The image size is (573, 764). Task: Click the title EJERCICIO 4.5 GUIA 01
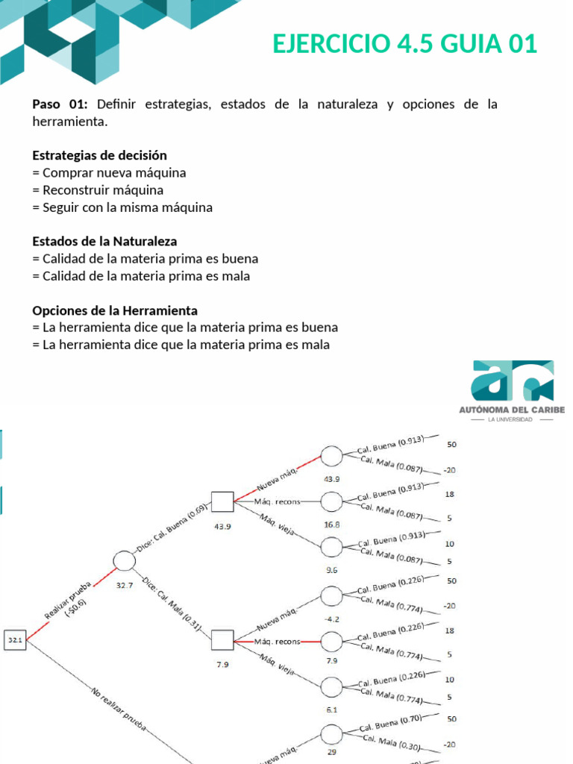pyautogui.click(x=404, y=44)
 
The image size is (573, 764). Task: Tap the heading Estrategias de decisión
pyautogui.click(x=99, y=155)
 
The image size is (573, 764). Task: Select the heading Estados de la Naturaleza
pyautogui.click(x=104, y=241)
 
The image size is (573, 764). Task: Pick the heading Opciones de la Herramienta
pyautogui.click(x=115, y=310)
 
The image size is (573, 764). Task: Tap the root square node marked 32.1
pyautogui.click(x=16, y=639)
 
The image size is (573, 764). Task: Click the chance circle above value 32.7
pyautogui.click(x=125, y=561)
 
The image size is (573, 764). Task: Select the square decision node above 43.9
pyautogui.click(x=222, y=502)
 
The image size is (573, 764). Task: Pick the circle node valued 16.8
pyautogui.click(x=332, y=501)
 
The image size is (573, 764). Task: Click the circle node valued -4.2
pyautogui.click(x=332, y=595)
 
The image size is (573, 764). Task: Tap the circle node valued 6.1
pyautogui.click(x=332, y=686)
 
